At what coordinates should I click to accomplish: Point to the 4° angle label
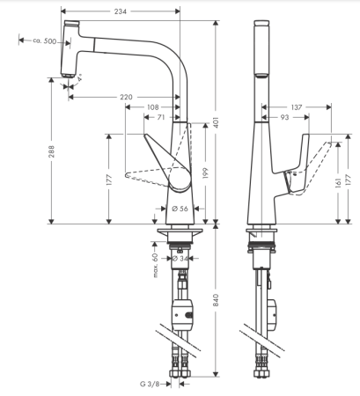80,79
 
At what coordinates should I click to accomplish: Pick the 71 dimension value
161,116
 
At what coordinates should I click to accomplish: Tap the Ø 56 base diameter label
180,209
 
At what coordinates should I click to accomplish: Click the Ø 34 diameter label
180,259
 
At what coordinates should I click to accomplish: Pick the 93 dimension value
286,116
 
